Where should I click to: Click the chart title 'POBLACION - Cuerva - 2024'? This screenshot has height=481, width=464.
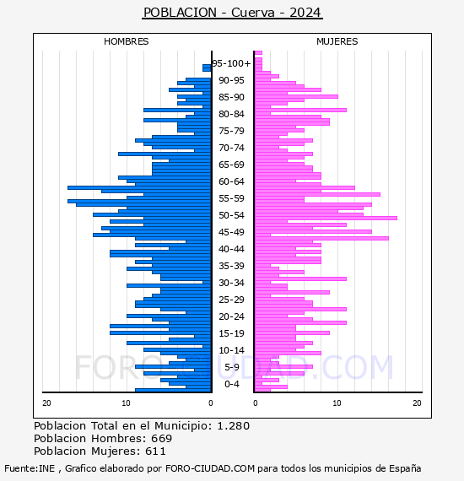pos(232,13)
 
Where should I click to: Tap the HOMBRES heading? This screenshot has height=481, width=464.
pos(126,41)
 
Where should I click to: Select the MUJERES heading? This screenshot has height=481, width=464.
pos(337,41)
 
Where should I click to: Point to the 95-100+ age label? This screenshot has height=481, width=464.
pos(231,63)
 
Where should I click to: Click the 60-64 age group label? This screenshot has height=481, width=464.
pos(231,181)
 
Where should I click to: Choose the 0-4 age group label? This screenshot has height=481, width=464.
pos(231,384)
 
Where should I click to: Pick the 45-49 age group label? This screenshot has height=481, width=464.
pos(231,232)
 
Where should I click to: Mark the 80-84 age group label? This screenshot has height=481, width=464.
pos(231,114)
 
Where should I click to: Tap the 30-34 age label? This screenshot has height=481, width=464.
pos(231,283)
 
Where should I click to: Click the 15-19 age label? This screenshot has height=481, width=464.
pos(231,333)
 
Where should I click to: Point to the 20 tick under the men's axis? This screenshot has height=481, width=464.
pos(46,403)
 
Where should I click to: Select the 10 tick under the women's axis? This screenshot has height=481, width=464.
pos(337,403)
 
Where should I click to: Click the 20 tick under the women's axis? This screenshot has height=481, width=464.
pos(417,403)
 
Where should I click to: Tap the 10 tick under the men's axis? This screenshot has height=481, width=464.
pos(126,403)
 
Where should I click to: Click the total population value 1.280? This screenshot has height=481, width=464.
pos(234,426)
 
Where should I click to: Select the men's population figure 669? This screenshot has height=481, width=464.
pos(162,438)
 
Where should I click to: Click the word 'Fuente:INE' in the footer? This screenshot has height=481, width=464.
pos(30,468)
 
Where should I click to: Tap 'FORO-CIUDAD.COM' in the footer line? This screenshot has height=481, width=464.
pos(210,468)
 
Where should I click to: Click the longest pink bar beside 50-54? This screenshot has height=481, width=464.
pos(326,218)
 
